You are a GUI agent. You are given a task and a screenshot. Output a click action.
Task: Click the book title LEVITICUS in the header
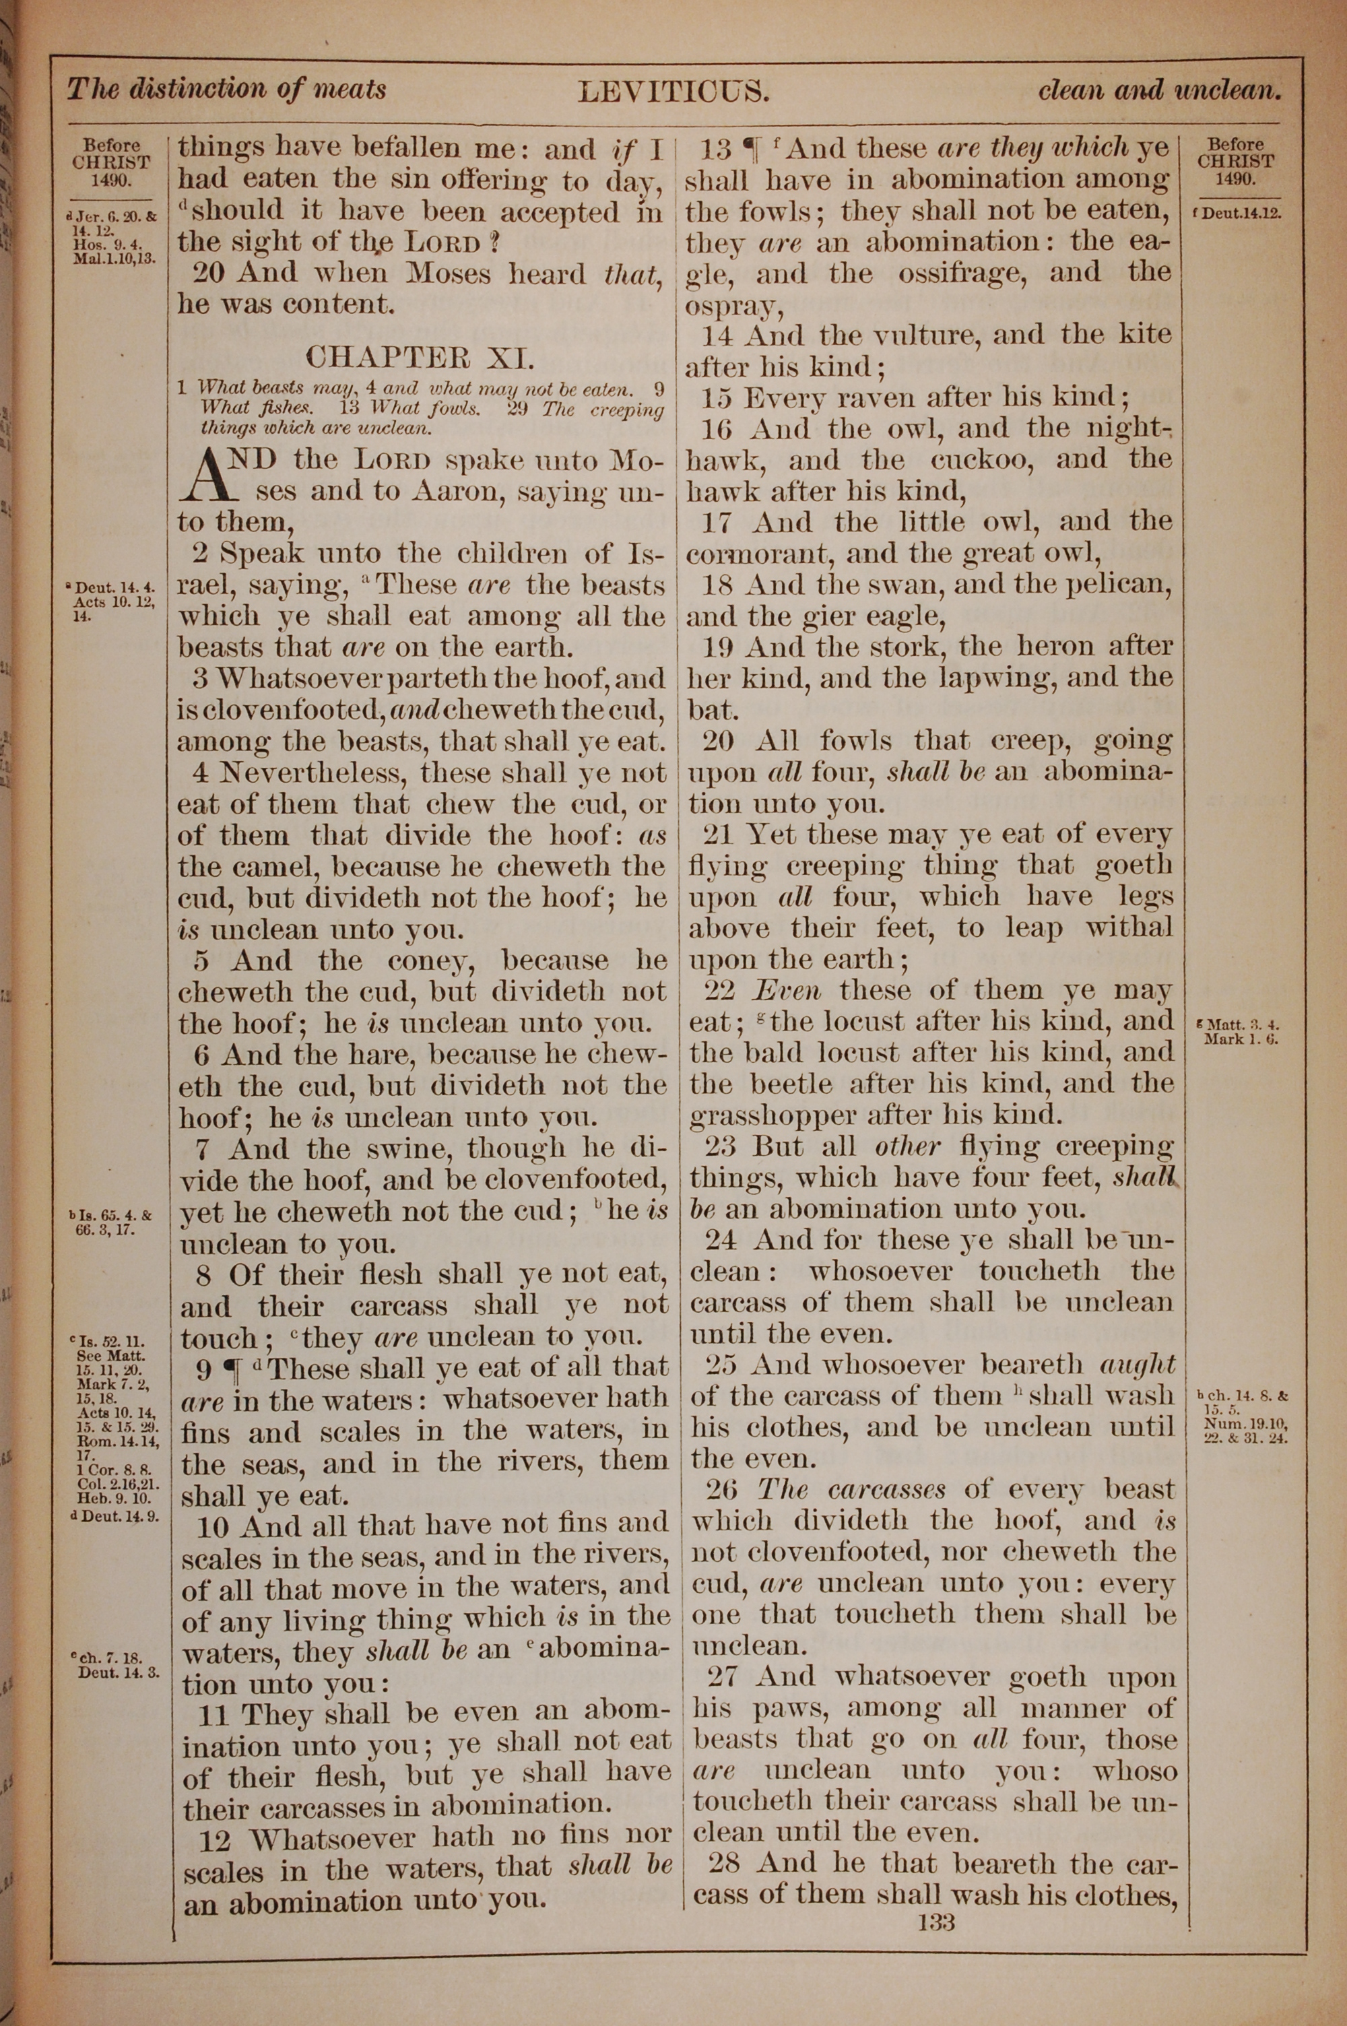click(673, 91)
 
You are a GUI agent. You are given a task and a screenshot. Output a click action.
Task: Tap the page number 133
click(935, 1920)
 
